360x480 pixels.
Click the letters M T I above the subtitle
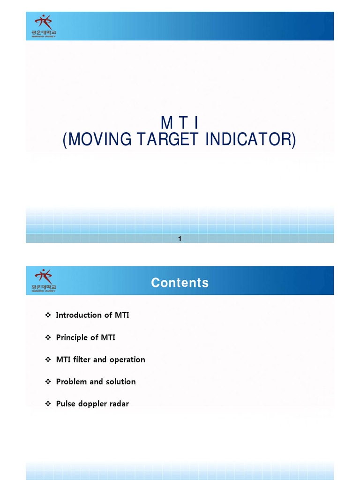coord(180,123)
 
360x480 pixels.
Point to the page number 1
coord(180,239)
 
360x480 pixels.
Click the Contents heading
coord(180,283)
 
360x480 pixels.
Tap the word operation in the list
coord(127,360)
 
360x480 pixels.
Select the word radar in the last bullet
coord(120,404)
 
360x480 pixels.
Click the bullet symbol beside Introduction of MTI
coord(48,315)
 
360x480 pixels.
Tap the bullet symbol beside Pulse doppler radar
coord(48,404)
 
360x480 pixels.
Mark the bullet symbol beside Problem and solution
coord(48,382)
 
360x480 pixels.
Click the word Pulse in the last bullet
coord(66,404)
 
